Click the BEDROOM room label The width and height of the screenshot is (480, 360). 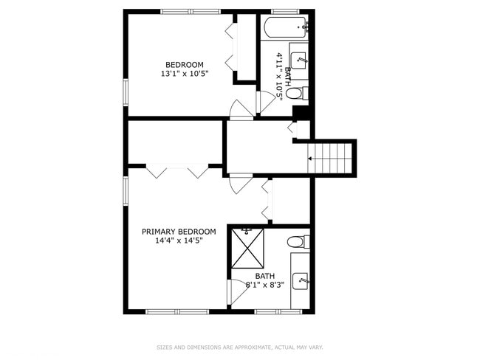(184, 65)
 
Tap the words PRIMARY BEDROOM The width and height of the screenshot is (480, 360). (179, 231)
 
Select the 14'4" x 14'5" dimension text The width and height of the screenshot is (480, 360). (179, 240)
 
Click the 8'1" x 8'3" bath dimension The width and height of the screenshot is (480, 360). (264, 285)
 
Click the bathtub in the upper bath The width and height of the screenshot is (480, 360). (285, 27)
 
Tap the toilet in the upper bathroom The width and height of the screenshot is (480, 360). (294, 93)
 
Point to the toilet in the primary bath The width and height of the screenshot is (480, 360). (296, 241)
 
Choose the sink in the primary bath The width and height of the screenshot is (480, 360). (300, 280)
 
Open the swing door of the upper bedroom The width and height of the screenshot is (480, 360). (241, 109)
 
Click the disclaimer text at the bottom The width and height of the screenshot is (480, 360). (239, 347)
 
